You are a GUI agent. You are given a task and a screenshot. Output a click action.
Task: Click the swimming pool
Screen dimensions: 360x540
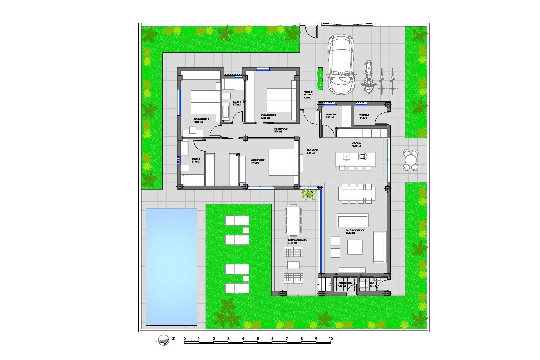(x=171, y=267)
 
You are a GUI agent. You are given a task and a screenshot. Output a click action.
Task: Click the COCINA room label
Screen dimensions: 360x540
(x=356, y=143)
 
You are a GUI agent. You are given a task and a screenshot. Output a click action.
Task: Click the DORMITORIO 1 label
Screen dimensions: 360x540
(x=258, y=160)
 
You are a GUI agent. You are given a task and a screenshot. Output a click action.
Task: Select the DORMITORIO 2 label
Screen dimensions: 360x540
(x=201, y=119)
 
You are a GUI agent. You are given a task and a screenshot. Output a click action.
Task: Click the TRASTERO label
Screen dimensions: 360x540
(x=364, y=115)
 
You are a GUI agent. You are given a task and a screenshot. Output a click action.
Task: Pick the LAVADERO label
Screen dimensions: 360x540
(x=331, y=115)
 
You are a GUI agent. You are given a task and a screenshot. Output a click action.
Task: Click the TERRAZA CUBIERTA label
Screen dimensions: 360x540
(x=297, y=240)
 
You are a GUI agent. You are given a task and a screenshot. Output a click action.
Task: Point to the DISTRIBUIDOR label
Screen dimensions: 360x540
(x=281, y=129)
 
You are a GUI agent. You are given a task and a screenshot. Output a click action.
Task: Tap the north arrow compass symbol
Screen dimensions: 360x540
(x=164, y=340)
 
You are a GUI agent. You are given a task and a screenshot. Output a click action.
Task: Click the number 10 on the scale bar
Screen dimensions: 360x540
(x=331, y=339)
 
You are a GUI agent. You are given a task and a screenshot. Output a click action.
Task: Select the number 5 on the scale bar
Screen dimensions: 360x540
(x=258, y=339)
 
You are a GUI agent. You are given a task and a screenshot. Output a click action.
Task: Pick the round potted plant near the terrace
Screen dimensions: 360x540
(x=310, y=194)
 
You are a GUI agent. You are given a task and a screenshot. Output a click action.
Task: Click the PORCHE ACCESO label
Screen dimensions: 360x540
(x=308, y=93)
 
